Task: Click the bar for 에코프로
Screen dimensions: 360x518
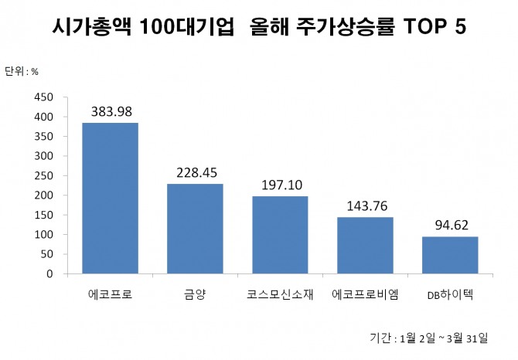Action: tap(111, 199)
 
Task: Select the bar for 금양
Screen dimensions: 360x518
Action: tap(195, 229)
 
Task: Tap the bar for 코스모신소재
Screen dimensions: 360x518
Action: tap(280, 235)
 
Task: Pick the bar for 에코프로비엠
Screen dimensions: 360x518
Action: tap(365, 246)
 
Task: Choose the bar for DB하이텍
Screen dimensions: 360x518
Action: tap(450, 255)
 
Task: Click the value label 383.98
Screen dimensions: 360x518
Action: tap(111, 111)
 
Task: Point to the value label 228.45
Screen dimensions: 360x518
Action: tap(195, 172)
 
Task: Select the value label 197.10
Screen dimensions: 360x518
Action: tap(280, 185)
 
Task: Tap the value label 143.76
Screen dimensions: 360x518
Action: tap(365, 205)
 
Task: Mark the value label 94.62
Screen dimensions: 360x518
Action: tap(450, 225)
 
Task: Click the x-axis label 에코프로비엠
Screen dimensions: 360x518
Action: tap(365, 294)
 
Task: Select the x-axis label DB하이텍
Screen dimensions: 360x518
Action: tap(450, 295)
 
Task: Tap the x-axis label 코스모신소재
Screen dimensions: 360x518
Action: tap(280, 294)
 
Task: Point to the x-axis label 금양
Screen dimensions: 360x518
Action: tap(195, 294)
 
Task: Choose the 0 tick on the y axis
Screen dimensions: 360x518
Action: tap(49, 273)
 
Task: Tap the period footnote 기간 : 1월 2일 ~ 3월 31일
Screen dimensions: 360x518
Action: tap(429, 338)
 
